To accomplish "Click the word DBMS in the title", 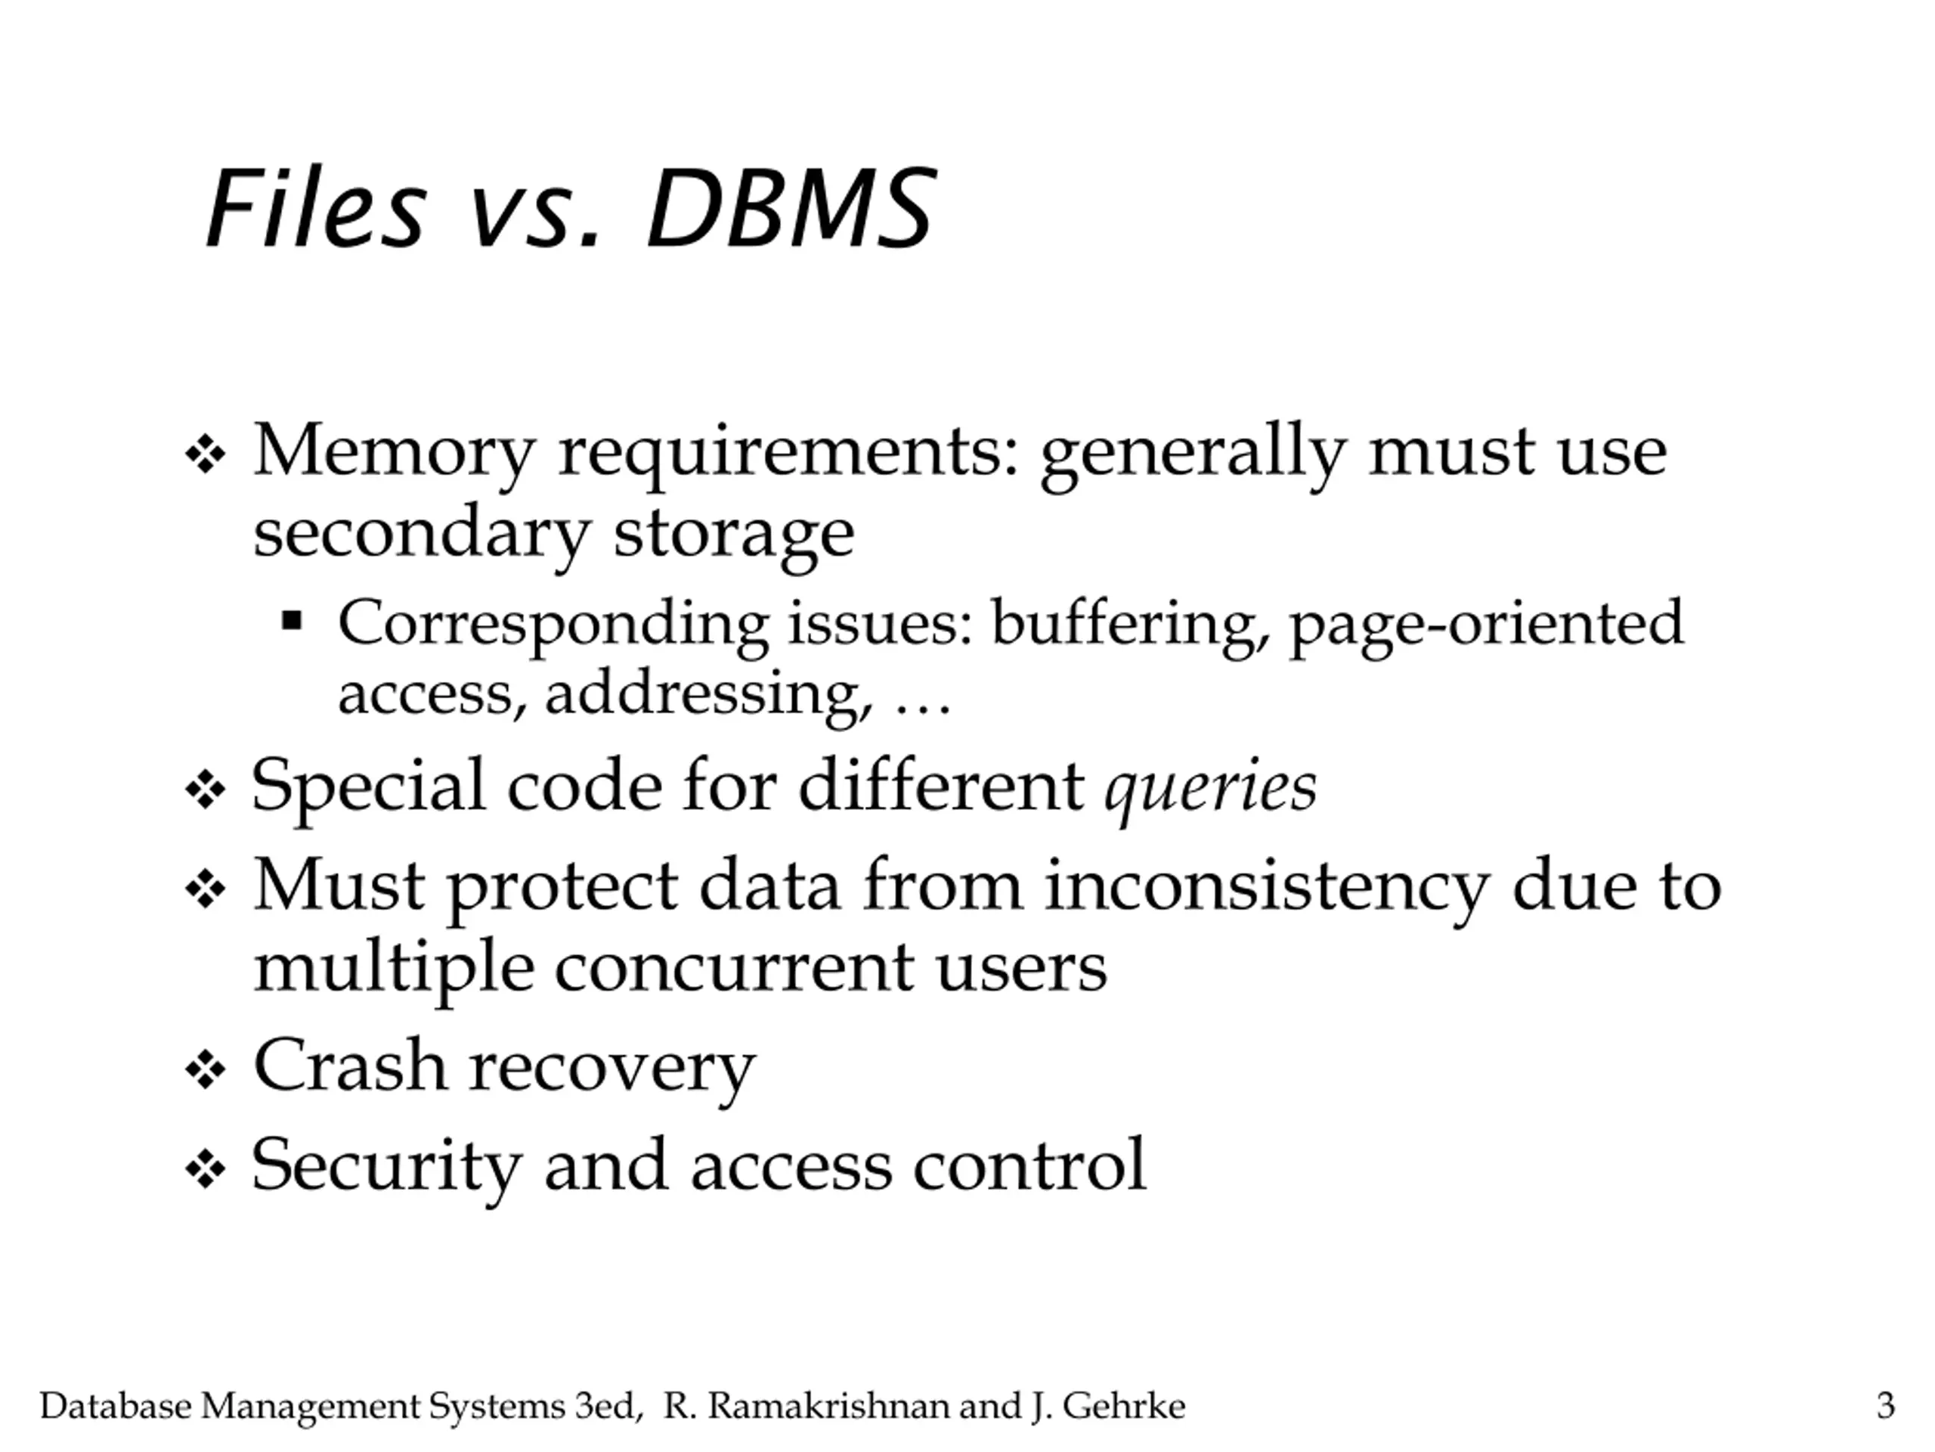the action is (x=790, y=210).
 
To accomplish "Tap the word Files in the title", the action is (x=316, y=210).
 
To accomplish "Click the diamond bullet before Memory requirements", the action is (x=206, y=455).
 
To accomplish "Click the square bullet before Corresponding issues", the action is (x=291, y=622).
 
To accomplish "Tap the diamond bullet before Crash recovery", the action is (x=206, y=1069).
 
